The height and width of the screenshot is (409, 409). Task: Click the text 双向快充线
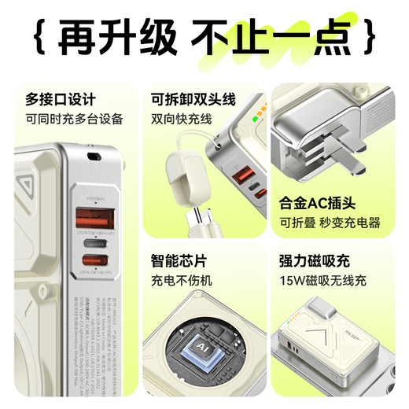pos(182,120)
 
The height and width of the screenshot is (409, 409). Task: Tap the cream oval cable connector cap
pos(181,168)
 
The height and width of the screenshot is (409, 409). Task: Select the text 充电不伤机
pos(182,280)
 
